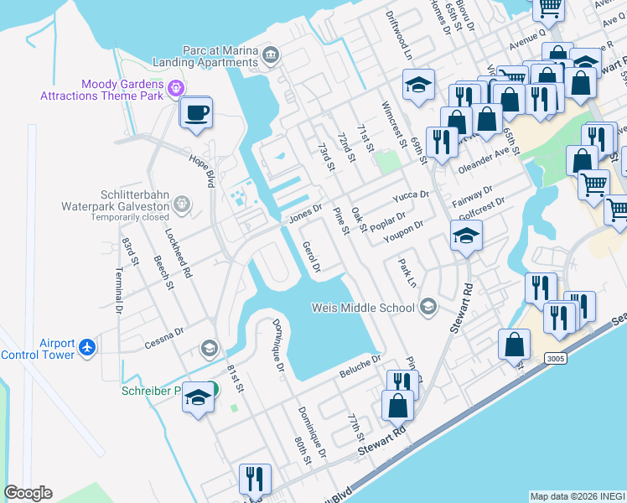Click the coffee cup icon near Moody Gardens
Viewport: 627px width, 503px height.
coord(196,112)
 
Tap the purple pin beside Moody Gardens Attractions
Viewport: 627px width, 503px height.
coord(175,86)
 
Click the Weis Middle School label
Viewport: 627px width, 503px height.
coord(363,307)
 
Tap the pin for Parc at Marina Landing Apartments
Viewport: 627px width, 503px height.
coord(270,56)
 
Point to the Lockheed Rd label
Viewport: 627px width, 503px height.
coord(179,254)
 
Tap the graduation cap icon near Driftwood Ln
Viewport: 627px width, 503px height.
coord(418,85)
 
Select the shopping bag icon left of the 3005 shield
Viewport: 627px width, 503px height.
coord(514,344)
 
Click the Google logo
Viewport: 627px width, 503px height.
coord(28,493)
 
